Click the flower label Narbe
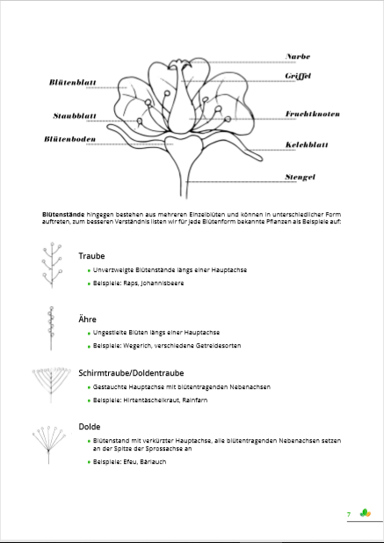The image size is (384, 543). pos(299,56)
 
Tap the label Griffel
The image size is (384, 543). pos(299,77)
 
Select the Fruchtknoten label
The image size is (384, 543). pos(312,114)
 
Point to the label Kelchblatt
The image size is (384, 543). pos(306,145)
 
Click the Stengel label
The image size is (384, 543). pos(301,177)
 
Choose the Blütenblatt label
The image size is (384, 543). pos(72,83)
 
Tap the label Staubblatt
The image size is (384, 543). pos(75,115)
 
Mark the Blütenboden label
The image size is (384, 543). pos(69,139)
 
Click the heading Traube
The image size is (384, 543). pos(91,256)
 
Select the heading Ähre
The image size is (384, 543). pos(87,319)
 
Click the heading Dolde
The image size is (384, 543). pos(90,426)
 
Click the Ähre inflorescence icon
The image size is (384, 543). pos(51,327)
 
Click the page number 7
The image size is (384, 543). pos(349,514)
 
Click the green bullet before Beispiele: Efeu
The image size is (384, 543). pos(90,461)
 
